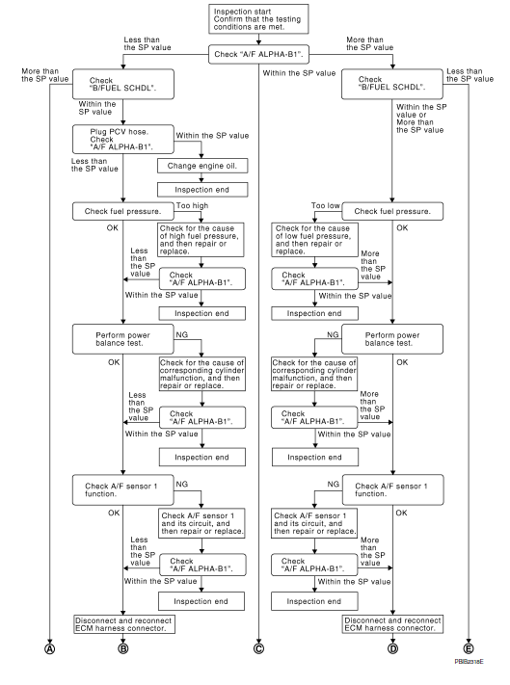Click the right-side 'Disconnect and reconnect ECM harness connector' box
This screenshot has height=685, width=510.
(x=391, y=621)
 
